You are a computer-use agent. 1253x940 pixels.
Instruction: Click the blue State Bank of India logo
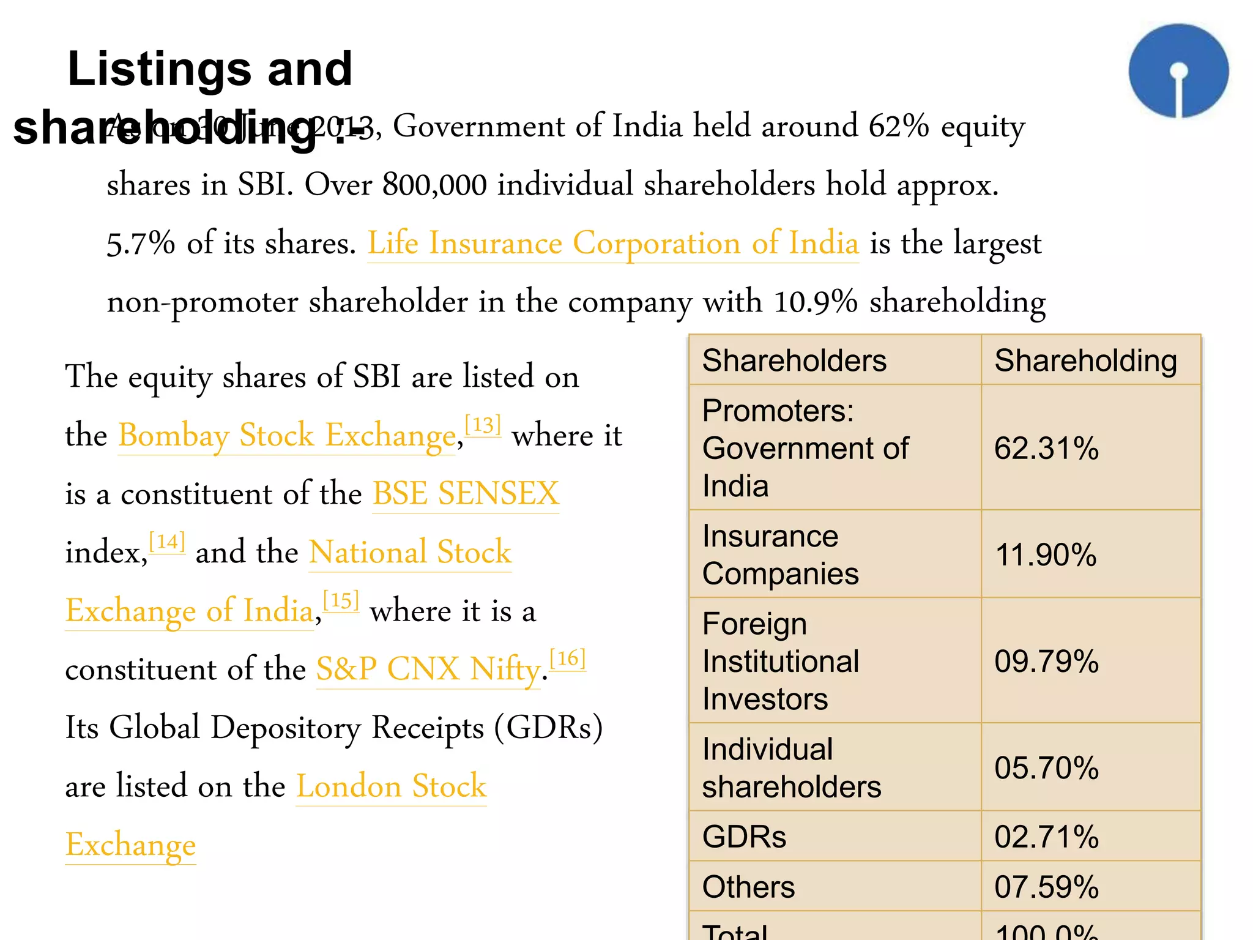(x=1178, y=71)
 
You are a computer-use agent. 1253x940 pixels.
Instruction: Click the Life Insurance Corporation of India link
(x=613, y=243)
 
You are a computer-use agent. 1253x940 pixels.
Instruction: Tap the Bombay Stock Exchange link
(x=287, y=435)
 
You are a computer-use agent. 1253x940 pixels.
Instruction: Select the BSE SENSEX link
(x=466, y=493)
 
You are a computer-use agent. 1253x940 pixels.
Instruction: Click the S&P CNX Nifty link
(x=428, y=668)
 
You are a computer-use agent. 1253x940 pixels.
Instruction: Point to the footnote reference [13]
(x=483, y=425)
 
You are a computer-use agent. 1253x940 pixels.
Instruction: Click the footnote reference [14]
(x=167, y=542)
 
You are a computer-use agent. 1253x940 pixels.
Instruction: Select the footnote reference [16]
(x=568, y=658)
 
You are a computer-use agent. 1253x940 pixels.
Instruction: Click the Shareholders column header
(x=794, y=360)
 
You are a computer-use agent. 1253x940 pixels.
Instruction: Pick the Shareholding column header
(x=1085, y=360)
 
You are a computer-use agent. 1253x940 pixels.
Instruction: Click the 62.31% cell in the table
(x=1046, y=448)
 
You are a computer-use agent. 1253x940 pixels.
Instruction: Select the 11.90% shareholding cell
(x=1046, y=554)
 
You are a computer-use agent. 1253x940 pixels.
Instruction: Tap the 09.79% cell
(x=1046, y=661)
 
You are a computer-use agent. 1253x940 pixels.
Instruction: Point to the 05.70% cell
(x=1046, y=767)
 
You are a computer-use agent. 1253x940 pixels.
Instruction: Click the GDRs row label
(x=744, y=837)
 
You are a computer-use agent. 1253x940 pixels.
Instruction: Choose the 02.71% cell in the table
(x=1046, y=837)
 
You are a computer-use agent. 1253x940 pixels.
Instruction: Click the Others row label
(x=748, y=887)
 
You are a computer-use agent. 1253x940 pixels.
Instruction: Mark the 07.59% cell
(x=1046, y=887)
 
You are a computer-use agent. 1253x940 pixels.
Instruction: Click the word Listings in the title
(x=159, y=69)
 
